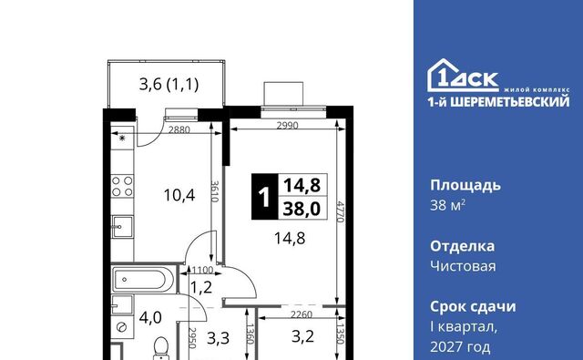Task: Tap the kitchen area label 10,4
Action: point(179,195)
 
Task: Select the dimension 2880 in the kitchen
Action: point(179,129)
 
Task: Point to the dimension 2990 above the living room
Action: point(288,126)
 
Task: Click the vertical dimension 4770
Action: point(341,211)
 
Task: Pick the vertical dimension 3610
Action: point(215,191)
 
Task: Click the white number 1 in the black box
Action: point(264,197)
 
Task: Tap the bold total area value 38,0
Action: point(302,209)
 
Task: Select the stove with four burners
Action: point(122,186)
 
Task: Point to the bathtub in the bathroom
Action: point(143,280)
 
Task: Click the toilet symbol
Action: point(161,348)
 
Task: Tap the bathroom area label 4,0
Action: point(150,318)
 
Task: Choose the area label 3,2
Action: point(302,336)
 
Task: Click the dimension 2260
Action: point(302,314)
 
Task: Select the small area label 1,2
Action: point(201,287)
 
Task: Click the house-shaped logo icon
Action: point(445,75)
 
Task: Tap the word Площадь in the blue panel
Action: point(465,186)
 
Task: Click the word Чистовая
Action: point(463,266)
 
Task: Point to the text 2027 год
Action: point(460,347)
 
